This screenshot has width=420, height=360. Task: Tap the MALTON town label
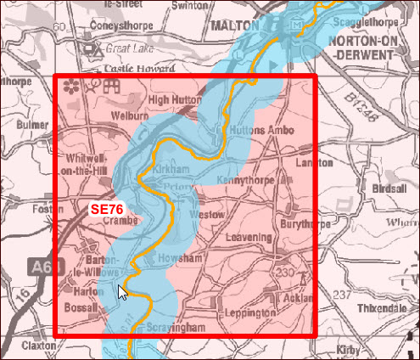coord(235,25)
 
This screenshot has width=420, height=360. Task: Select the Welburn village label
coord(129,115)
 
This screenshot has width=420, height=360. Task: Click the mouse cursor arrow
coord(123,292)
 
